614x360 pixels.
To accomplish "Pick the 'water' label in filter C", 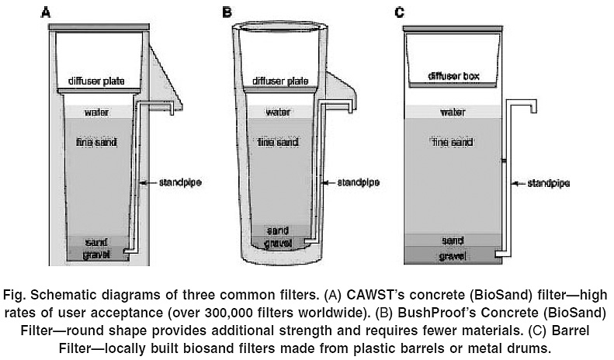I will coord(453,112).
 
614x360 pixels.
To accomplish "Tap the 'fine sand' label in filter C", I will coord(453,143).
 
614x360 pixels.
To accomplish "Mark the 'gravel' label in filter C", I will coord(453,254).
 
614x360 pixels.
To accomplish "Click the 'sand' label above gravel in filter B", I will coord(277,231).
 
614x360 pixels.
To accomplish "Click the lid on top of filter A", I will coord(98,27).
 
